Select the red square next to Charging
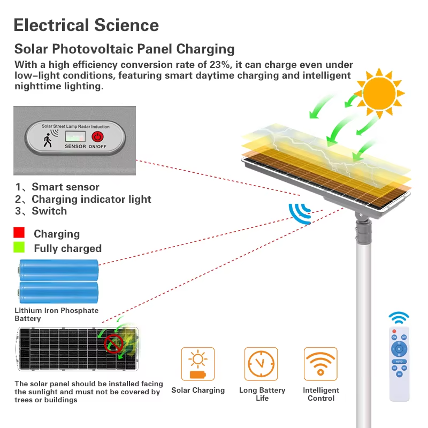(19, 233)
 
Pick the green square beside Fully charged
(19, 248)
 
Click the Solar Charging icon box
(197, 364)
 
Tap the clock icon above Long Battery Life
(261, 364)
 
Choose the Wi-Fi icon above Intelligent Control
(320, 364)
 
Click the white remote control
(399, 363)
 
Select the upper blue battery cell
(59, 270)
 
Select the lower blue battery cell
(59, 293)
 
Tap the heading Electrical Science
(86, 25)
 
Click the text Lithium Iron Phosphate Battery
(56, 314)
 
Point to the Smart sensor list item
(65, 187)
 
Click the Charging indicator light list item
(91, 199)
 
